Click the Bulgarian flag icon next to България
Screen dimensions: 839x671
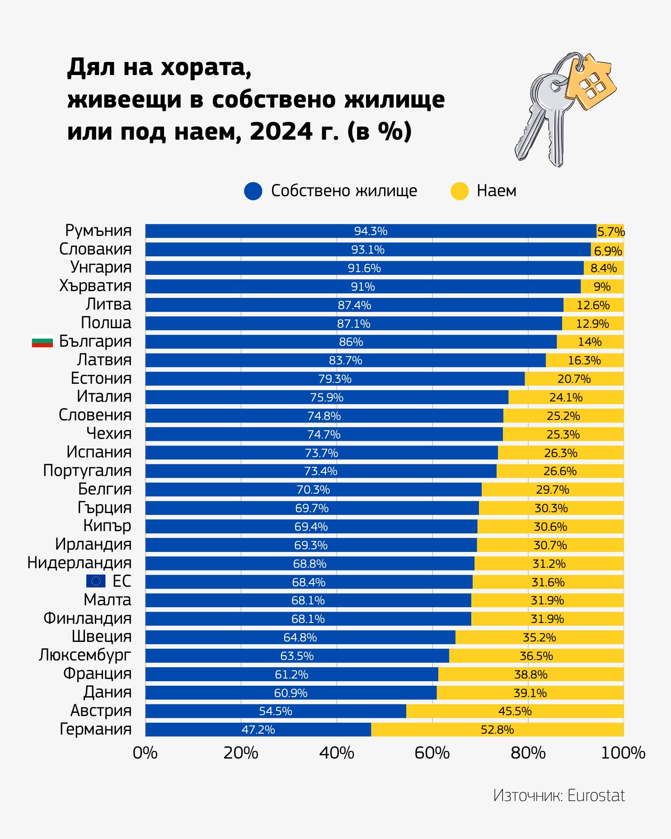pyautogui.click(x=42, y=342)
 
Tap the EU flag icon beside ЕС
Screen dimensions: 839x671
pyautogui.click(x=96, y=581)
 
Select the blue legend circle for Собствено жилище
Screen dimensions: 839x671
pyautogui.click(x=253, y=191)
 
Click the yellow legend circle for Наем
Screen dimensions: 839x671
pyautogui.click(x=460, y=191)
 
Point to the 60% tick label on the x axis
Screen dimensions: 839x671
pyautogui.click(x=432, y=753)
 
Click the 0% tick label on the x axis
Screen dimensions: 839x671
pyautogui.click(x=145, y=753)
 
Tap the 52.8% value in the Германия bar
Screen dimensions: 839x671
pyautogui.click(x=497, y=730)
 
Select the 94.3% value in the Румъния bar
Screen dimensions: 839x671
pyautogui.click(x=371, y=231)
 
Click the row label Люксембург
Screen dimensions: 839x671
pyautogui.click(x=85, y=655)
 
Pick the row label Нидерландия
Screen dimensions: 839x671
pyautogui.click(x=80, y=563)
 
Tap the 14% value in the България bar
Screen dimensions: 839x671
pyautogui.click(x=590, y=342)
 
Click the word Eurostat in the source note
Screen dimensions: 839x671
pyautogui.click(x=596, y=796)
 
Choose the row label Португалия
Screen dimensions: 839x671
pyautogui.click(x=87, y=471)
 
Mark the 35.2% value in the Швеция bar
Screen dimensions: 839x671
pyautogui.click(x=539, y=637)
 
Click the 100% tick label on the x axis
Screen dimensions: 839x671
pyautogui.click(x=624, y=753)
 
